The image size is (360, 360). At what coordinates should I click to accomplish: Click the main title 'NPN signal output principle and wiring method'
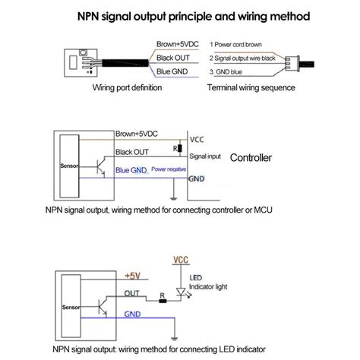pyautogui.click(x=194, y=17)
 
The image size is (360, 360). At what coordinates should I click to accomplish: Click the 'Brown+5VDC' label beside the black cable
pyautogui.click(x=178, y=44)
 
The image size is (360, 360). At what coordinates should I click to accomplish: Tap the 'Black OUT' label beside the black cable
pyautogui.click(x=173, y=58)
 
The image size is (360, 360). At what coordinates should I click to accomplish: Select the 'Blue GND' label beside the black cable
pyautogui.click(x=172, y=71)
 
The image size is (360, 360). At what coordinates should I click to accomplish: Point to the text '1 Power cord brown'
pyautogui.click(x=235, y=45)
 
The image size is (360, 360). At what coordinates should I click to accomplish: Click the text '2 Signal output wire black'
pyautogui.click(x=242, y=58)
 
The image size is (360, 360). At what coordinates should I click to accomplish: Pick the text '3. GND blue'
pyautogui.click(x=226, y=72)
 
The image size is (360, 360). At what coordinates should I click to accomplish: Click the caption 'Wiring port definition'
pyautogui.click(x=127, y=87)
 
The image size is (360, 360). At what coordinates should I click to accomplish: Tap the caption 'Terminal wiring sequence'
pyautogui.click(x=251, y=87)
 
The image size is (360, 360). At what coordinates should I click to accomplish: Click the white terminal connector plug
pyautogui.click(x=292, y=63)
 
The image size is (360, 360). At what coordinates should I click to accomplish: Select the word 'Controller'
pyautogui.click(x=251, y=158)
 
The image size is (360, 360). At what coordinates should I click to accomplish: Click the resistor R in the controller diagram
pyautogui.click(x=180, y=148)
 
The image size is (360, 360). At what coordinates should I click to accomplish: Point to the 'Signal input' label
pyautogui.click(x=205, y=156)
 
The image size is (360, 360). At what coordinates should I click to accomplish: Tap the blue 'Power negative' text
pyautogui.click(x=169, y=169)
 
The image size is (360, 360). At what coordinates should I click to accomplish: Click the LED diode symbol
pyautogui.click(x=181, y=292)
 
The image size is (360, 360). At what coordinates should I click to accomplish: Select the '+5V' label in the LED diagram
pyautogui.click(x=132, y=276)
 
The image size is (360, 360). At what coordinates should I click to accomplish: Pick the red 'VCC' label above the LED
pyautogui.click(x=181, y=260)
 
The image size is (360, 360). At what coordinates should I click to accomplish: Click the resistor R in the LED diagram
pyautogui.click(x=163, y=301)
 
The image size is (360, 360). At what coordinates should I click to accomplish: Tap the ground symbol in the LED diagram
pyautogui.click(x=175, y=339)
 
